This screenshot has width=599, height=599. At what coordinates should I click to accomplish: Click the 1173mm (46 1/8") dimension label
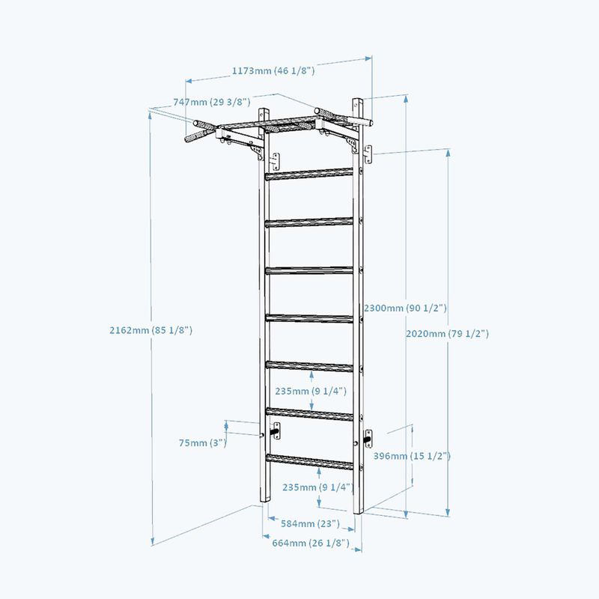(273, 70)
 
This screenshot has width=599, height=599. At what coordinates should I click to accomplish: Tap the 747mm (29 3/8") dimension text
(212, 102)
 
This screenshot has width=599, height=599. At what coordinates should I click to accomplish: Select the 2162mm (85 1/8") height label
(151, 330)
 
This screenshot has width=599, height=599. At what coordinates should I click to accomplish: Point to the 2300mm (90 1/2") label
(405, 308)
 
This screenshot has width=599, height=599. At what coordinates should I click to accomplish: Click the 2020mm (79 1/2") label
(447, 333)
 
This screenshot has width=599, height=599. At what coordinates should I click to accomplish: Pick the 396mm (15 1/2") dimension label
(412, 456)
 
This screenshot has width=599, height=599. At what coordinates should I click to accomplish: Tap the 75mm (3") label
(203, 443)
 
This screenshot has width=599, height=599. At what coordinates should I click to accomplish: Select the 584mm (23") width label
(310, 523)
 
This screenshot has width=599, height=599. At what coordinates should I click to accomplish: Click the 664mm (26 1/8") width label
(311, 543)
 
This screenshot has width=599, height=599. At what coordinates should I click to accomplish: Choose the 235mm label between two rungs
(311, 391)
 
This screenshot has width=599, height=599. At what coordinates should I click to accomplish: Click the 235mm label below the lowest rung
(317, 487)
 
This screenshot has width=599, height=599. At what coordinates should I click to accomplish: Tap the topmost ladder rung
(309, 174)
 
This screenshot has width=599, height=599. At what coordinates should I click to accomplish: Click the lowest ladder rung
(309, 461)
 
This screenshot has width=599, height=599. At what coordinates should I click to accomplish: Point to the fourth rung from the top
(309, 318)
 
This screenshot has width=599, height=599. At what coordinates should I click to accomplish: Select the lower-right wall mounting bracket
(368, 439)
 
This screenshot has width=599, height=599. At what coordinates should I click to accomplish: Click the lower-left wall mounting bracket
(276, 431)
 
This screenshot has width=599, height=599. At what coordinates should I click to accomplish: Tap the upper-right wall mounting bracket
(368, 154)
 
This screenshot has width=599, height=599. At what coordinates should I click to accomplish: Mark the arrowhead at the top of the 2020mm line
(448, 153)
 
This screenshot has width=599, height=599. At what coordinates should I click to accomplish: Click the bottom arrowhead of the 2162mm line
(153, 541)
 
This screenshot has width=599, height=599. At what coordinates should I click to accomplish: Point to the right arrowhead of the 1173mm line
(368, 58)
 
